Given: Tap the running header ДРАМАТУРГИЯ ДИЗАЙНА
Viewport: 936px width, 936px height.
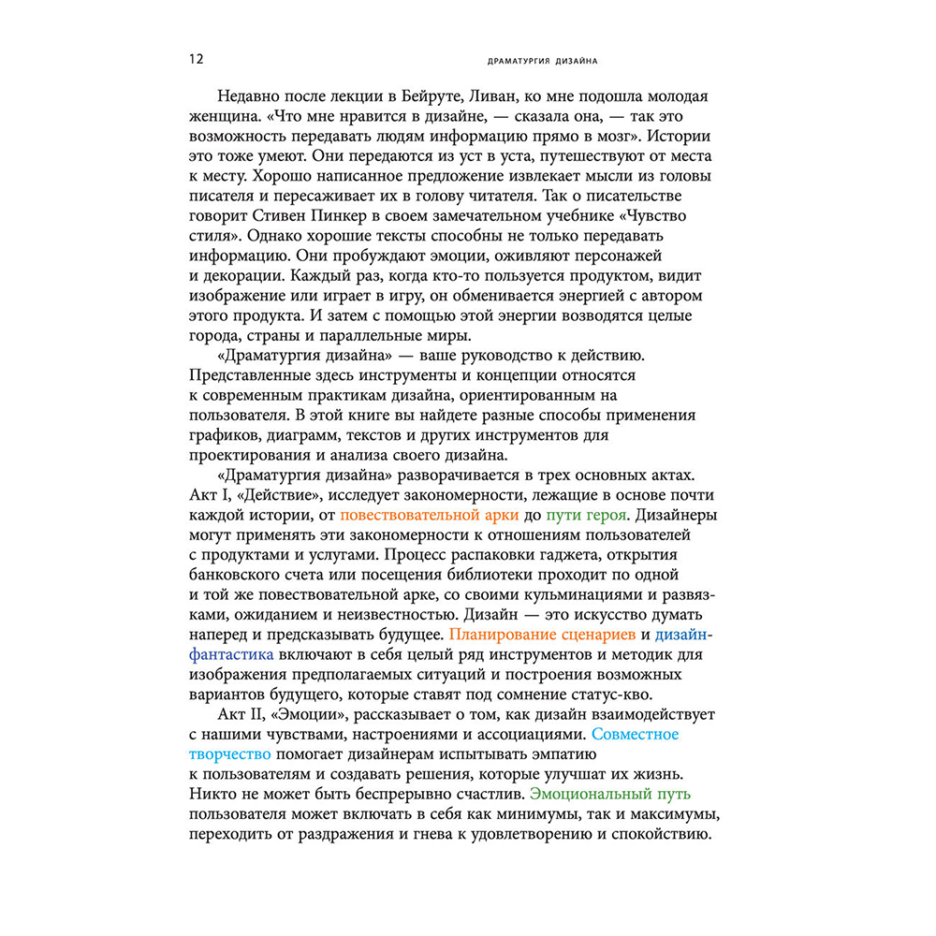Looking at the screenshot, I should [x=544, y=62].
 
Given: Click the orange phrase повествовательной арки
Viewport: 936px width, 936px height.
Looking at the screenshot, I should [x=423, y=515].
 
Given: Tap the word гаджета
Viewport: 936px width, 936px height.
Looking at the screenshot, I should [x=492, y=555].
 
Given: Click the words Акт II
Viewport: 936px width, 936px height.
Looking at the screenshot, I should [x=245, y=714].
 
